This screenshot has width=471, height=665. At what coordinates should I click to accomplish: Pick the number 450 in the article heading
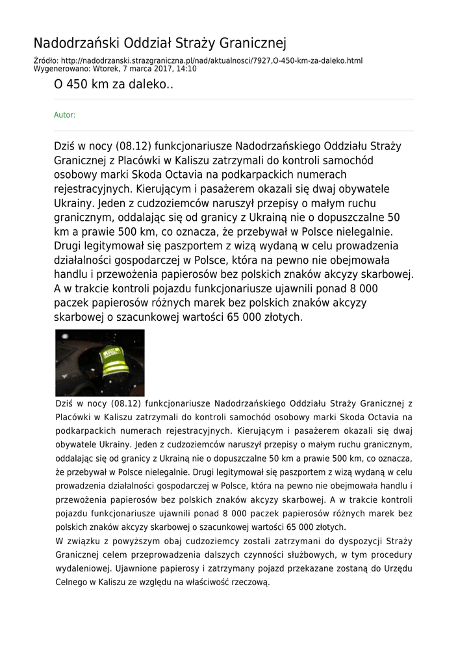coord(79,84)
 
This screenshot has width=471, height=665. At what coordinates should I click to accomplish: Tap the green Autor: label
coord(64,115)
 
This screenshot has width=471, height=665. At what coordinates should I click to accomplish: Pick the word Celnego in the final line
coord(71,582)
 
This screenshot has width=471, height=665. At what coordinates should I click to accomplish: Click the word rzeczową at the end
coord(249,582)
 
